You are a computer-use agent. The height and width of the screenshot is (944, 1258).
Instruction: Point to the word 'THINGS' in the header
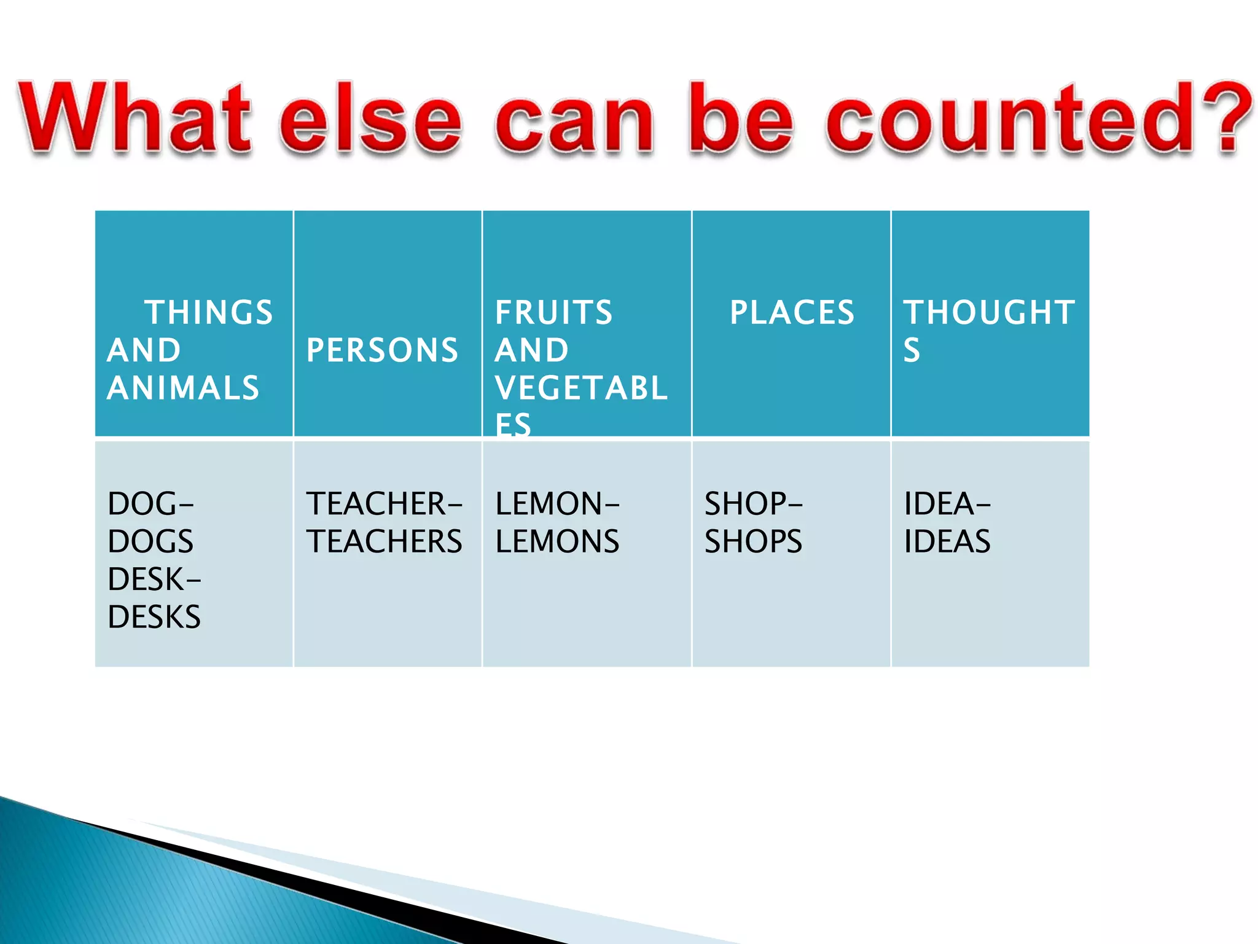(209, 312)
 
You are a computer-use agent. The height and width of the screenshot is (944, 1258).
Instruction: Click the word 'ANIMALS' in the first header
(183, 388)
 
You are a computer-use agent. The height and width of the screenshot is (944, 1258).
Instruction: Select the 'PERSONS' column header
(382, 350)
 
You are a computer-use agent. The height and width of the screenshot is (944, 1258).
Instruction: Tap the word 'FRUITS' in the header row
(553, 312)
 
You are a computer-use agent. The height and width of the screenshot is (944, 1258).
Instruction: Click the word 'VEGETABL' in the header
(581, 388)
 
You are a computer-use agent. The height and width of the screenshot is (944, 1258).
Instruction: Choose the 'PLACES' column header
(792, 312)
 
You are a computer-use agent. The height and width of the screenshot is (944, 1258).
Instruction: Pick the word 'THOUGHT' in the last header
(989, 312)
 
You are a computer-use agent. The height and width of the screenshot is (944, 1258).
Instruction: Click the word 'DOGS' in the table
(150, 541)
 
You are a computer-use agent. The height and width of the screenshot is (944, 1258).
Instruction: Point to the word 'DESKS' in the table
(154, 617)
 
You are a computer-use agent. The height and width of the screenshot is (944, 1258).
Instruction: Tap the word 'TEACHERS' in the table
(384, 541)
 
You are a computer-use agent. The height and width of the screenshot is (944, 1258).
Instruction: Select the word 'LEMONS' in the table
(557, 541)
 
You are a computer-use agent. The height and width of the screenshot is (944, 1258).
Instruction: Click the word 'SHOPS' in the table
(753, 541)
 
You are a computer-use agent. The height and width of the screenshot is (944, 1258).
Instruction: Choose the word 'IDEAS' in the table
(947, 541)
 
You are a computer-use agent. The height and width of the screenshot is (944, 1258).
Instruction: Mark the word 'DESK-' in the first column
(154, 580)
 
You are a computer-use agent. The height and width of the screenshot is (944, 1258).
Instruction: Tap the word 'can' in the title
(574, 120)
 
